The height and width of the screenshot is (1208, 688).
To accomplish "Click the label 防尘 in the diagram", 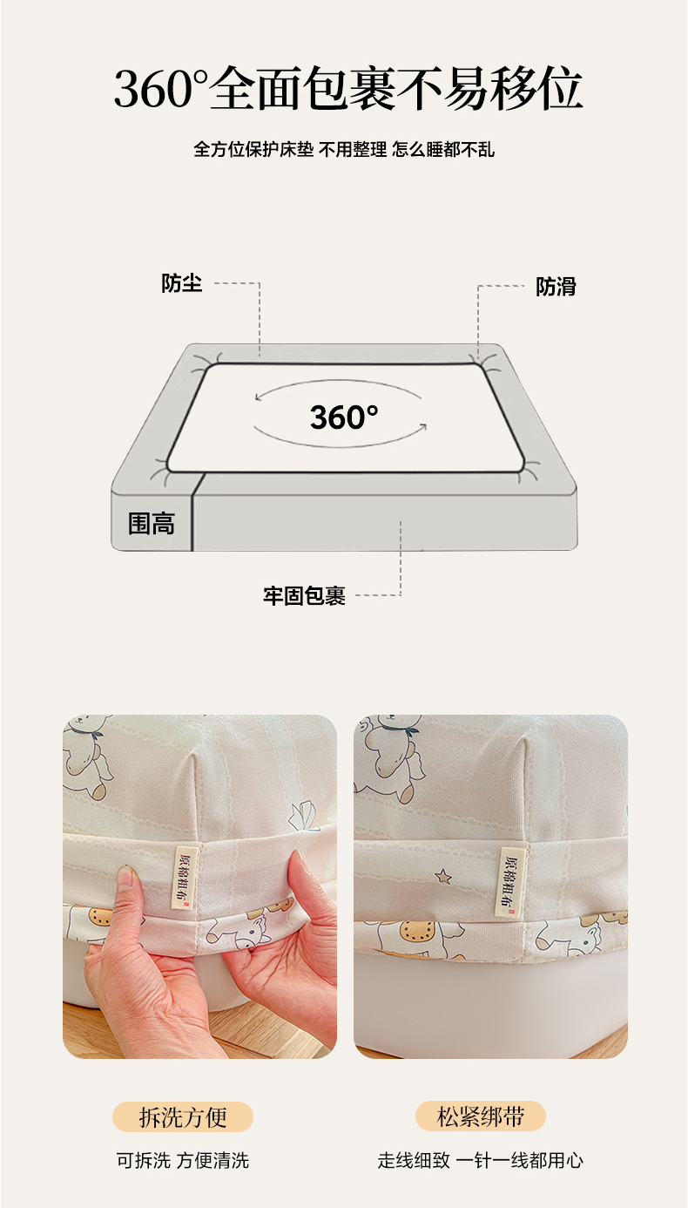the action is pos(181,283).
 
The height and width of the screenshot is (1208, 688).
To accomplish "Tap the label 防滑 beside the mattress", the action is pos(556,287).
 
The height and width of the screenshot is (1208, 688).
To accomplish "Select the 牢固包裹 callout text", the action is pos(305,596).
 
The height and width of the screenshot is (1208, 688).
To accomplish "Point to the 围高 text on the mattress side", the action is pos(152,524).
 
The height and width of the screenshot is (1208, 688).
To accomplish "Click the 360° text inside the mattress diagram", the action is pos(344,417).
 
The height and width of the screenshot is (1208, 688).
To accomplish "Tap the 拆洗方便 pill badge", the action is pos(183,1116).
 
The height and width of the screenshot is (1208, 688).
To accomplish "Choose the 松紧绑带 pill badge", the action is pos(480,1116).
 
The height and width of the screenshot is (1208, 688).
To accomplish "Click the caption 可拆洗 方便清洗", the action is pos(183,1161).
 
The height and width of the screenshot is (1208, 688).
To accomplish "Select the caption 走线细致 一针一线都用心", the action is pos(480,1161).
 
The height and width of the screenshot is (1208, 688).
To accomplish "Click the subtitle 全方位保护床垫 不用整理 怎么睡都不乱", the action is pos(344,149).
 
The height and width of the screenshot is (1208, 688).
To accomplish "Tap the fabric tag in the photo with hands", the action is pos(185,877).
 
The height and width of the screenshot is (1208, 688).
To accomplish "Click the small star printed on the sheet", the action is pos(443,876).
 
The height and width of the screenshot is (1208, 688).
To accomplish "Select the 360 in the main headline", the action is pos(153,88).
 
